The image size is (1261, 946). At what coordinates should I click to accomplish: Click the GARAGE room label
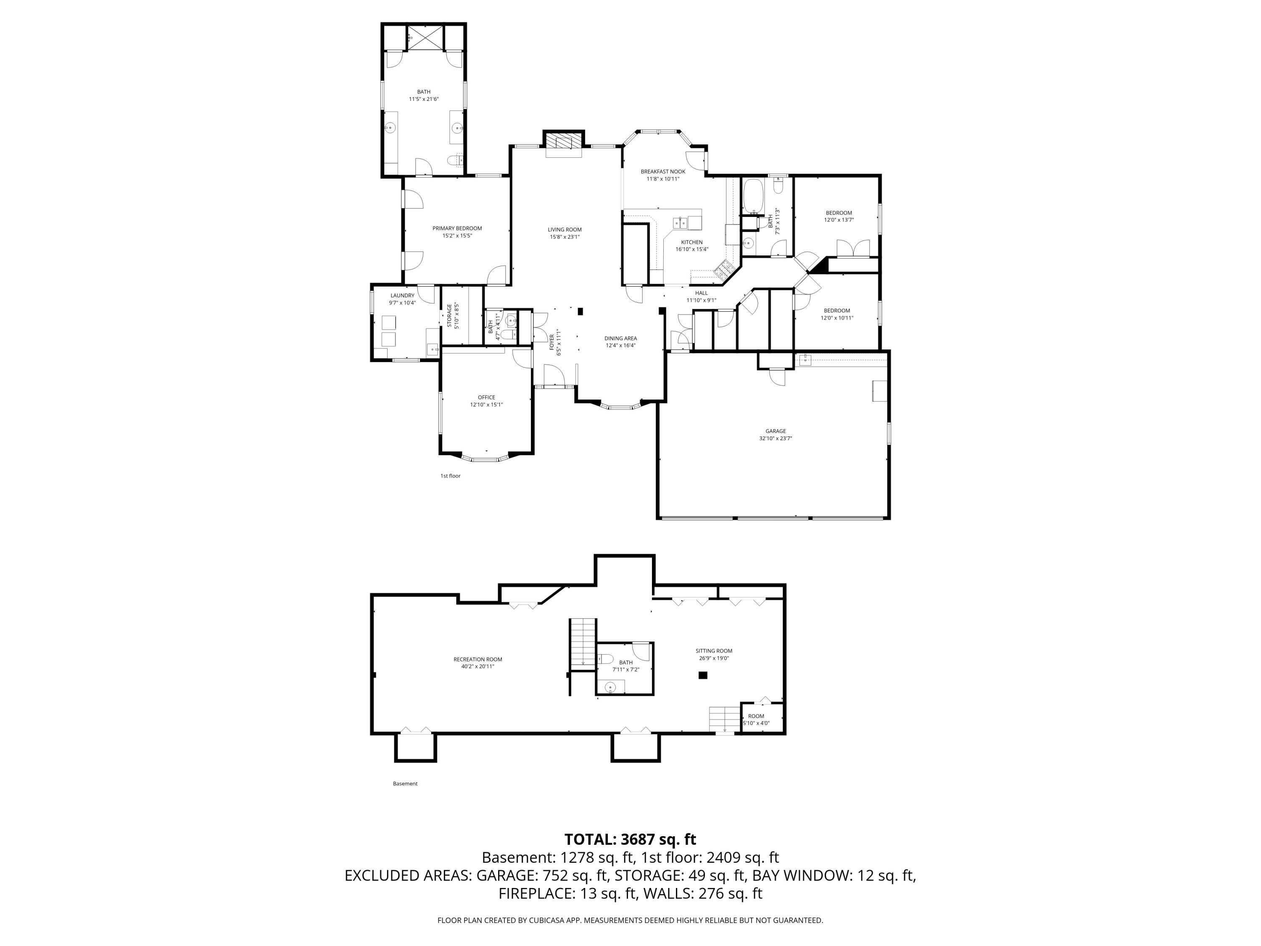[x=775, y=431]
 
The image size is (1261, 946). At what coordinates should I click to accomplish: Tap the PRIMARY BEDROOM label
[x=456, y=228]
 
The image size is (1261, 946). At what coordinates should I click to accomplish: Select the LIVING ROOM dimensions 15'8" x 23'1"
[x=565, y=237]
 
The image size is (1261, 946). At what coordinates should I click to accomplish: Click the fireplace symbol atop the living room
[x=563, y=141]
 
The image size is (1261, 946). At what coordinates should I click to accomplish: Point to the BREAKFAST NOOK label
[x=662, y=171]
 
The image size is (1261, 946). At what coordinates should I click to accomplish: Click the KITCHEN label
[x=691, y=242]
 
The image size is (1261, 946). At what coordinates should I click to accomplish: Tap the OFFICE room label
[x=486, y=397]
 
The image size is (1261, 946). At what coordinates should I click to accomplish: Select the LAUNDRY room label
[x=402, y=296]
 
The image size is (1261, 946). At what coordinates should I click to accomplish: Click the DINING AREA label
[x=620, y=338]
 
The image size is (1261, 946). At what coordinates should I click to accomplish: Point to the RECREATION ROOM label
[x=478, y=659]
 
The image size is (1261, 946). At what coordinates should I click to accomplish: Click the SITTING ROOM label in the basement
[x=713, y=650]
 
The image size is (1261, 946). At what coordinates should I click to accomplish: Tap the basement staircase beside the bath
[x=583, y=642]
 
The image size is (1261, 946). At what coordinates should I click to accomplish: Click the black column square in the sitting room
[x=703, y=675]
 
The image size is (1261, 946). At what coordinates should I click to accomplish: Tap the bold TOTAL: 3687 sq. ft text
[x=630, y=839]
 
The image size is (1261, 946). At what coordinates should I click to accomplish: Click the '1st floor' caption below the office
[x=450, y=476]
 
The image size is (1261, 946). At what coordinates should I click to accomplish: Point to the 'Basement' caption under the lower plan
[x=405, y=783]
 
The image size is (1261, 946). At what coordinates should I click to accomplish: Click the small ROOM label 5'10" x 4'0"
[x=756, y=716]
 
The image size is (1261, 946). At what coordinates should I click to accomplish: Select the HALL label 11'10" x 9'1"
[x=701, y=293]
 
